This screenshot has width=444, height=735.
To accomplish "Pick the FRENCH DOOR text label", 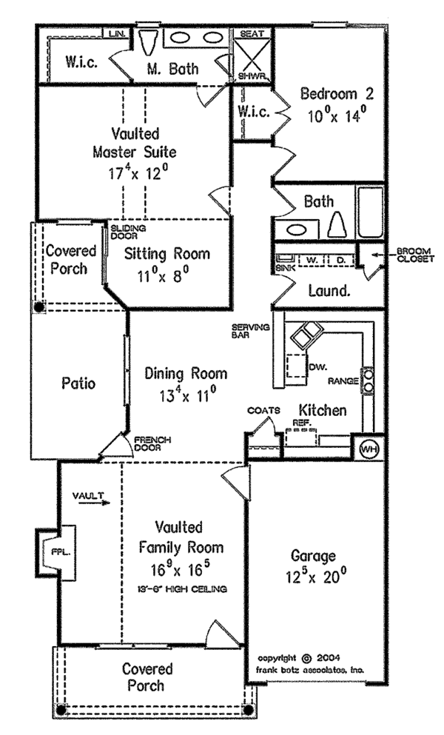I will (152, 444).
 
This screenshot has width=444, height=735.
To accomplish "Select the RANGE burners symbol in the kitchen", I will (367, 381).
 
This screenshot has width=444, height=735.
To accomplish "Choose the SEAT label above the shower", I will (246, 34).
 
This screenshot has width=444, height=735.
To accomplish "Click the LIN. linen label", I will (117, 34).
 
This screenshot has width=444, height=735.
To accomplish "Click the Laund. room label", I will (327, 291).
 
